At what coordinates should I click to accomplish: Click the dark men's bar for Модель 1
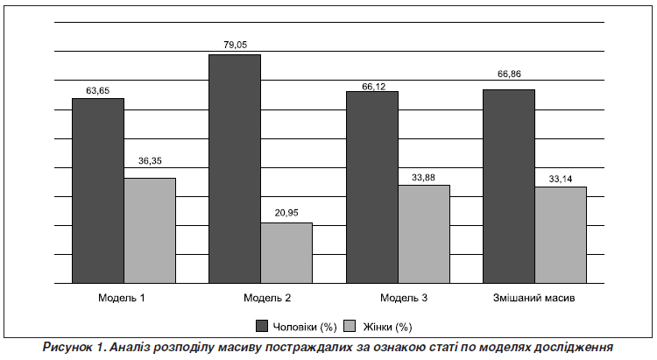pos(97,191)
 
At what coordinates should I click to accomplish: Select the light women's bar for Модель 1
pos(150,231)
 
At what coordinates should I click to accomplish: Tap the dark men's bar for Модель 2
pos(234,169)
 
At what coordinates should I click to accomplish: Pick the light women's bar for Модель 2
pos(286,253)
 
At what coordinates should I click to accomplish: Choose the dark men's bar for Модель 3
pos(371,187)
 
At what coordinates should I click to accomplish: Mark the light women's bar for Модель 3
pos(423,235)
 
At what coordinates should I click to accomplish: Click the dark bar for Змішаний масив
pos(508,187)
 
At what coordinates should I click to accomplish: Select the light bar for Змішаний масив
pos(560,236)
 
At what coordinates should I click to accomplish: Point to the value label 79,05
pos(234,44)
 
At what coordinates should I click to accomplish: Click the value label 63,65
pos(98,89)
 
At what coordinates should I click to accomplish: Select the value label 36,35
pos(150,160)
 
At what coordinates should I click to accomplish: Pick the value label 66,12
pos(372,87)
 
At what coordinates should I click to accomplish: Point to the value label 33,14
pos(560,178)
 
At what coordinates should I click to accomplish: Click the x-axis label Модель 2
pos(260,298)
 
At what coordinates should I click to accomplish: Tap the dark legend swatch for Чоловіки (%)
pos(261,327)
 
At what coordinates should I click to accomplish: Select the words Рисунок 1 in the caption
pos(73,347)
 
